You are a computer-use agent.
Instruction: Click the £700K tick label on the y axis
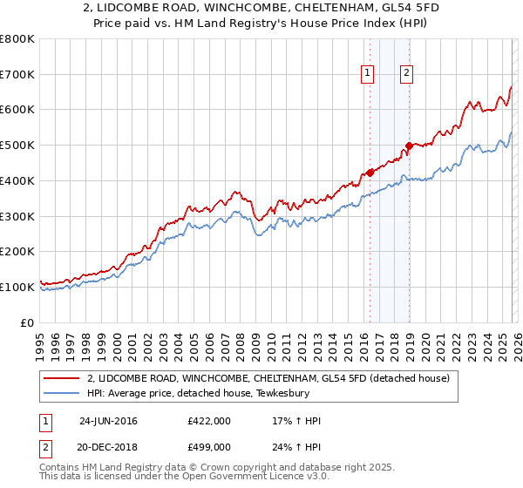[x=17, y=74]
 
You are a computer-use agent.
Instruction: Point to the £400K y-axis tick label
[x=17, y=180]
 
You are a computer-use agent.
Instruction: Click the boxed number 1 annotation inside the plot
[x=368, y=74]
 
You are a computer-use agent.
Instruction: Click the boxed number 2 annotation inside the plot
[x=407, y=74]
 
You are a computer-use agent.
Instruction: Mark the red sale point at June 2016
[x=370, y=172]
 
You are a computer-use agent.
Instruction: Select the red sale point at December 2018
[x=408, y=146]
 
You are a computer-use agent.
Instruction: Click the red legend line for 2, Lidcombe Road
[x=61, y=378]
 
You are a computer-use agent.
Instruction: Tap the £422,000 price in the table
[x=209, y=421]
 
